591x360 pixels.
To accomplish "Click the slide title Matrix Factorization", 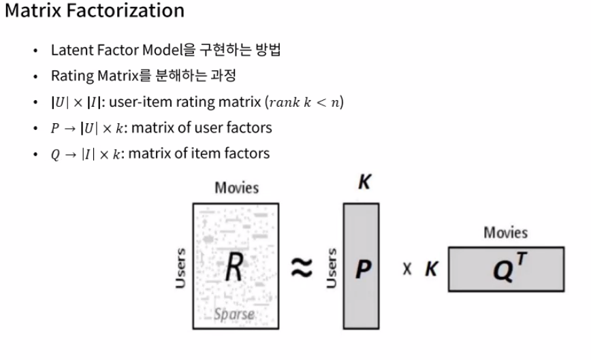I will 95,11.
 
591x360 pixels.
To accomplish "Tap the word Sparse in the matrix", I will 234,314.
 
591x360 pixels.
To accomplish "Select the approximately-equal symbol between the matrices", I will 302,267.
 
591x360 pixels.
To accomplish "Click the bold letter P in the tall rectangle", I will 363,269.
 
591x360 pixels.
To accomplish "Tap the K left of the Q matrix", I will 430,269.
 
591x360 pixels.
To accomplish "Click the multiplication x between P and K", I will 407,269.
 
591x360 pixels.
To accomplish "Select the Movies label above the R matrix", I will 237,188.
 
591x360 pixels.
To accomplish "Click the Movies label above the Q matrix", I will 505,233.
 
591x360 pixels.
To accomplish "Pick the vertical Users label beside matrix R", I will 180,267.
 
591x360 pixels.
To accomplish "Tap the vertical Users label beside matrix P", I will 332,267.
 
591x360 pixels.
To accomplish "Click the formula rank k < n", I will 306,102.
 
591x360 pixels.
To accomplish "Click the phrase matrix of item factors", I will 199,153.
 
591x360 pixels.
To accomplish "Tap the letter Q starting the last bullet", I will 55,154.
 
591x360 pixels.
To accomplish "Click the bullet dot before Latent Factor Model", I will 35,51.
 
